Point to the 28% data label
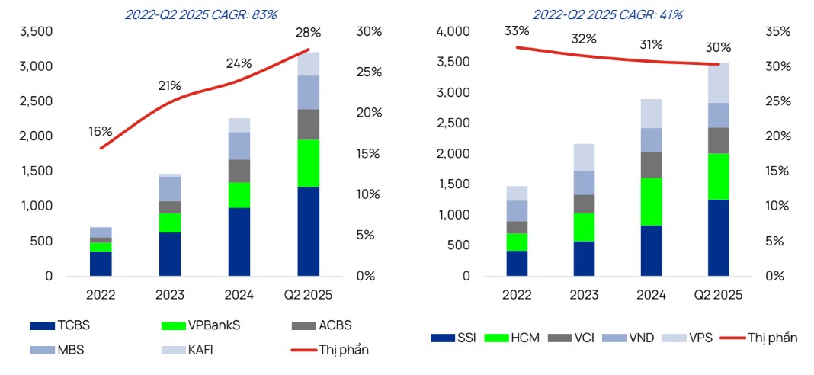click(x=309, y=33)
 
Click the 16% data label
click(x=100, y=131)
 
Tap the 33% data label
click(x=516, y=31)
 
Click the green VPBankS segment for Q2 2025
click(x=309, y=163)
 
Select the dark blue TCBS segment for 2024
click(x=239, y=242)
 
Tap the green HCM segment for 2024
click(x=651, y=202)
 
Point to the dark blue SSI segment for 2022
click(x=517, y=263)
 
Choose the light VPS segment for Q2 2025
click(x=719, y=82)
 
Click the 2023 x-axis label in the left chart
click(x=170, y=295)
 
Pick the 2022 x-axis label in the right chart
click(x=518, y=295)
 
